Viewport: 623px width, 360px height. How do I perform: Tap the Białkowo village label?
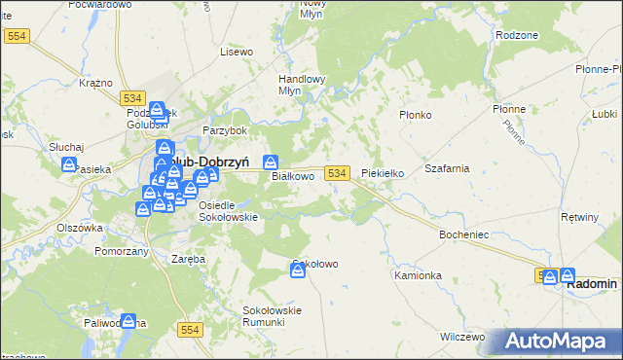click(x=292, y=177)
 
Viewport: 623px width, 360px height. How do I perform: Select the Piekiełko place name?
click(x=383, y=173)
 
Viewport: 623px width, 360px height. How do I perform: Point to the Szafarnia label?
click(x=447, y=168)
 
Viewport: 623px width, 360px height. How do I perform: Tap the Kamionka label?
click(x=418, y=275)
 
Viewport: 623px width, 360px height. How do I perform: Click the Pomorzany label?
click(x=122, y=251)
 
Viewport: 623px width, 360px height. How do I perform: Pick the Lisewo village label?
click(x=237, y=51)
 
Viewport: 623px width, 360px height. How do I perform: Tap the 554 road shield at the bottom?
click(x=191, y=331)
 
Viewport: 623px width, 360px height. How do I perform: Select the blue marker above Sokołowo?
click(x=298, y=270)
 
